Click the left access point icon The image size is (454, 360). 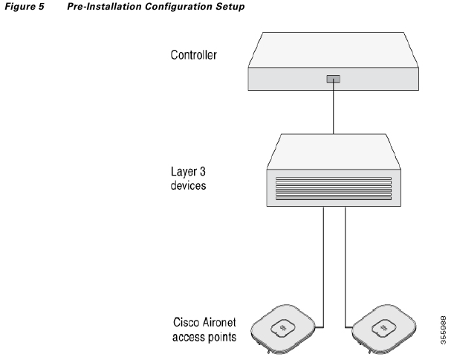pos(285,327)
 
